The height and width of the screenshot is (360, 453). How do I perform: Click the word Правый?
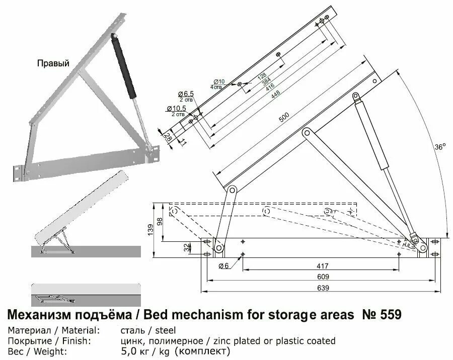(x=53, y=63)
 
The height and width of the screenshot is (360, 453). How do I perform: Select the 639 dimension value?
(x=323, y=288)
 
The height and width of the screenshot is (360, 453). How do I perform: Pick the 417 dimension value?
(x=323, y=266)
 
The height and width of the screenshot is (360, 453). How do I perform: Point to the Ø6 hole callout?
(x=224, y=265)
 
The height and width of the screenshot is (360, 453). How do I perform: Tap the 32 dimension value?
(x=187, y=247)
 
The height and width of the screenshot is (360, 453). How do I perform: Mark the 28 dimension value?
(x=167, y=137)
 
